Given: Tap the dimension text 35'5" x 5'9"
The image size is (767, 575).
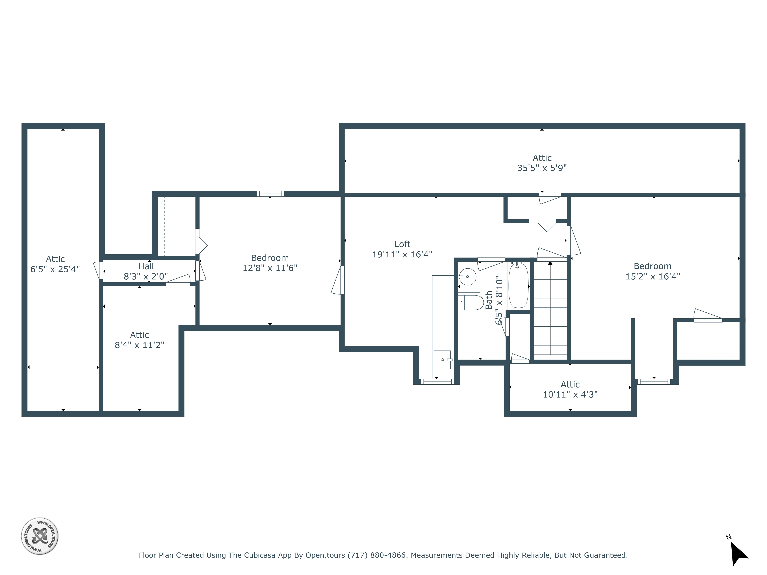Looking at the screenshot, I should pos(542,168).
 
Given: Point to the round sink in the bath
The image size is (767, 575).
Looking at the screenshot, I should pos(468,277).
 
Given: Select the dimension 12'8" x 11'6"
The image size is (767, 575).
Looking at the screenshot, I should pos(270,268).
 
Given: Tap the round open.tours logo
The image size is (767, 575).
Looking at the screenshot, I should pos(40,536).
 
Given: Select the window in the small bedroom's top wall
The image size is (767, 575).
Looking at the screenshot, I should pos(270,194).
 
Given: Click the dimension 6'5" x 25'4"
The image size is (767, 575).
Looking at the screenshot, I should pos(55,269).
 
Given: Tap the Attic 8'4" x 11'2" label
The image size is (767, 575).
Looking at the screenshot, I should pos(139,340).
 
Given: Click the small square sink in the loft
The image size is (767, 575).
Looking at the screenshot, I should pos(442,360).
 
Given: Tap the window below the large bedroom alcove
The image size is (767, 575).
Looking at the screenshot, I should pos(654,382).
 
